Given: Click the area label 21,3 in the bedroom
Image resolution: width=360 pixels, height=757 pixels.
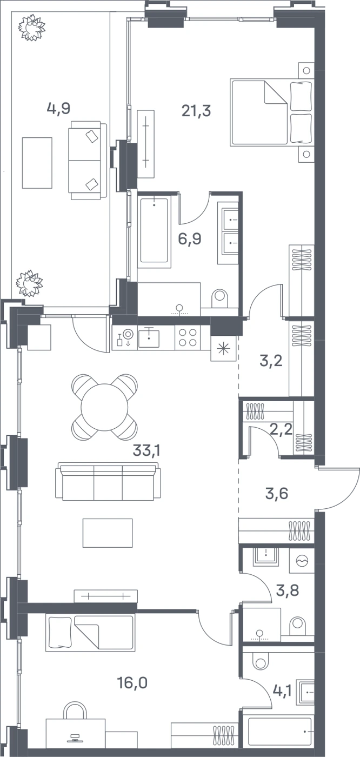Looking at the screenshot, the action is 196,110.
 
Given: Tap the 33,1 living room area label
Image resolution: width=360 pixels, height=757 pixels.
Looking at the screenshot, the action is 146,450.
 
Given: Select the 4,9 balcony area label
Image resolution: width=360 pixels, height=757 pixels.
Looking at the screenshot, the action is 59,109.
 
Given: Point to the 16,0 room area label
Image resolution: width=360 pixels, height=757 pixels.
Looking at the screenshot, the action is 132,683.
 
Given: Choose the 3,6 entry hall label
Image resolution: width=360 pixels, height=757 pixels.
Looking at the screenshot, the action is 277,494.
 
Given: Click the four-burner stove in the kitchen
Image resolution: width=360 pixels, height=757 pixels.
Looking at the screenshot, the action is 188,337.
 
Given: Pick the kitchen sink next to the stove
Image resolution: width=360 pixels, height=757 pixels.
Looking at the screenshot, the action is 149,337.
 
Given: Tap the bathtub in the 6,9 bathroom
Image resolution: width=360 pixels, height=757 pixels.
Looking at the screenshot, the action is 154,230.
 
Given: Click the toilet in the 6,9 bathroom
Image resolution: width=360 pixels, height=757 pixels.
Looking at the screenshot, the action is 219,298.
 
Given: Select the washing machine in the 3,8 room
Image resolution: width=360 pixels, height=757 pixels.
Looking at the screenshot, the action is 302,561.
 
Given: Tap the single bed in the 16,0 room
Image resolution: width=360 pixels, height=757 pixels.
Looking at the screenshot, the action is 90,633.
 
